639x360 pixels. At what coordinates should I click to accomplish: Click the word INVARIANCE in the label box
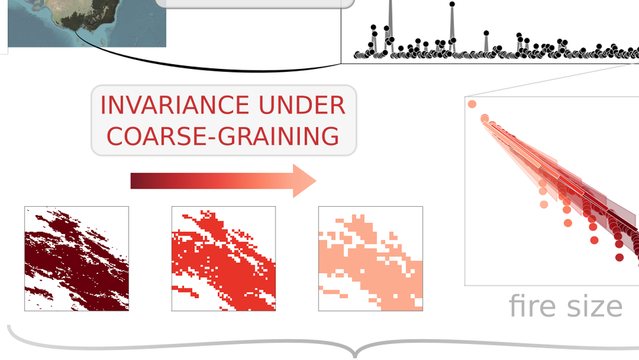point(175,105)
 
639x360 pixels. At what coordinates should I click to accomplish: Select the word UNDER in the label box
point(302,105)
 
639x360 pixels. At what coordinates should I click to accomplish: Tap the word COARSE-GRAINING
point(223,136)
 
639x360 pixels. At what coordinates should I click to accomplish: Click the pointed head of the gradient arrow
point(316,180)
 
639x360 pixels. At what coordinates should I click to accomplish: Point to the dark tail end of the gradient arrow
point(132,180)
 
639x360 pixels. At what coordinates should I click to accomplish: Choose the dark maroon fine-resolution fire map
point(77,258)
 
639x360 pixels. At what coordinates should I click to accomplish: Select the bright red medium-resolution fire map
point(223,258)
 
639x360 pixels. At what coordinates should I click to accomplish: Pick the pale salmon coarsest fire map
point(370,258)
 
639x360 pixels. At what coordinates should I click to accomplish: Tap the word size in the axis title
point(594,306)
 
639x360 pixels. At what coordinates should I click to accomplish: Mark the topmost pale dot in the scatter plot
point(472,104)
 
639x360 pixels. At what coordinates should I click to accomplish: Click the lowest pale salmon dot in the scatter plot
point(544,204)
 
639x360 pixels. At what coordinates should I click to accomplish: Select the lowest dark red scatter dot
point(620,257)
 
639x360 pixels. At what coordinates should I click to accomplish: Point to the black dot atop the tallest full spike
point(452,4)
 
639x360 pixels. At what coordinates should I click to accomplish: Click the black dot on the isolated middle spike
point(486,33)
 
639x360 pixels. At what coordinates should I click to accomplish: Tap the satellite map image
point(87,23)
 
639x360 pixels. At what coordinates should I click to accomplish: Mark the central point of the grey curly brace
point(355,354)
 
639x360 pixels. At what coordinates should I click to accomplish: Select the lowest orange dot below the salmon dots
point(568,223)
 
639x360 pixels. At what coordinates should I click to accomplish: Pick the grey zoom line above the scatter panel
point(552,80)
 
